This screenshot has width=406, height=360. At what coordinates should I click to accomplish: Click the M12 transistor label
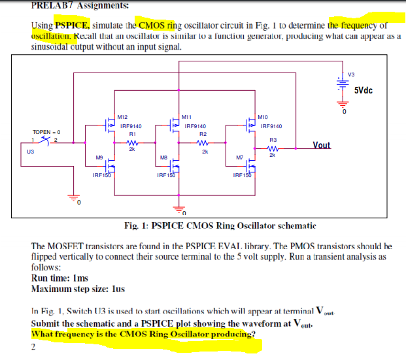122,116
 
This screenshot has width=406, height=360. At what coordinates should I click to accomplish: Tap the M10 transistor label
263,116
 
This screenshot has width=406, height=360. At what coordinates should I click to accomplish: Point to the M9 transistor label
99,157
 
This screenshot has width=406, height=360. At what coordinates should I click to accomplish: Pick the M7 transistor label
240,157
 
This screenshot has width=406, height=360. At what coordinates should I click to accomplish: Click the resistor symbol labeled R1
131,144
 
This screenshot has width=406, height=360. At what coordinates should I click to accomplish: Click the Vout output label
322,144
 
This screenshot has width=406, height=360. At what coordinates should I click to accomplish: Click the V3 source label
351,73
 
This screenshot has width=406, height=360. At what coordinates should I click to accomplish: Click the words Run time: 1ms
57,277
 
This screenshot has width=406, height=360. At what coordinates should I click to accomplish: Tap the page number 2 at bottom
33,346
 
